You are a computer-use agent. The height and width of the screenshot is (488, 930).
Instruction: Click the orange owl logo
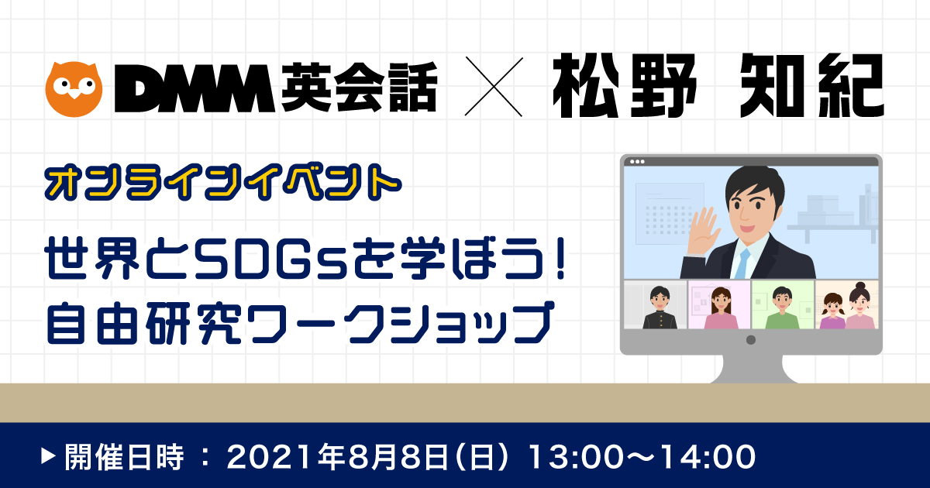point(74,89)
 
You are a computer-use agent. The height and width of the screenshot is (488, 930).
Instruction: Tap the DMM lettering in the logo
point(195,88)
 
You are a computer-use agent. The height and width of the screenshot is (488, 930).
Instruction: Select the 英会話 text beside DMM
point(359,87)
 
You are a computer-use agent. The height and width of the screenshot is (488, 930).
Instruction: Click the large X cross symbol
point(494,87)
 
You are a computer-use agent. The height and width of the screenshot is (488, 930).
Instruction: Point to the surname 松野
point(624,86)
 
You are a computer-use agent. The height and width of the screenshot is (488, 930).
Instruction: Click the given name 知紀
point(812,86)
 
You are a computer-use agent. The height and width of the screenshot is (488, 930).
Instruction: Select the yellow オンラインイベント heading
point(223,183)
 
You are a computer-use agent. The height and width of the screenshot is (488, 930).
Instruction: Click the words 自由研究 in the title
point(143,324)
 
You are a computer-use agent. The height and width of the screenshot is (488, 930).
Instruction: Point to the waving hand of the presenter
point(704,230)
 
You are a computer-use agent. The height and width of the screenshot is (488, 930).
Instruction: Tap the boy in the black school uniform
point(660,308)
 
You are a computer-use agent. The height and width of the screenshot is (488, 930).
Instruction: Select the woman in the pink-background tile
point(722,308)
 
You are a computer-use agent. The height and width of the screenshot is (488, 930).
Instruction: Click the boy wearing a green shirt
point(783,308)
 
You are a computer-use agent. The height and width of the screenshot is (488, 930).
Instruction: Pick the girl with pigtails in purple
point(832,311)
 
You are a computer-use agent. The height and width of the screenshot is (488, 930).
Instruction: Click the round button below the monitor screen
point(751,340)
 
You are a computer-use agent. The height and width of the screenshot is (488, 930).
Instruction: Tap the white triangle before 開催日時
point(48,456)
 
